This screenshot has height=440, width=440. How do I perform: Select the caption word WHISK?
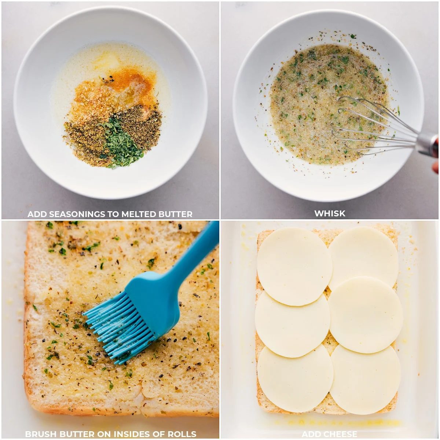pos(330,213)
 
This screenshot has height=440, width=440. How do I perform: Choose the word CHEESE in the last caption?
pos(340,434)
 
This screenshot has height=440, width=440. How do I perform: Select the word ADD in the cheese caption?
pos(311,434)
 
